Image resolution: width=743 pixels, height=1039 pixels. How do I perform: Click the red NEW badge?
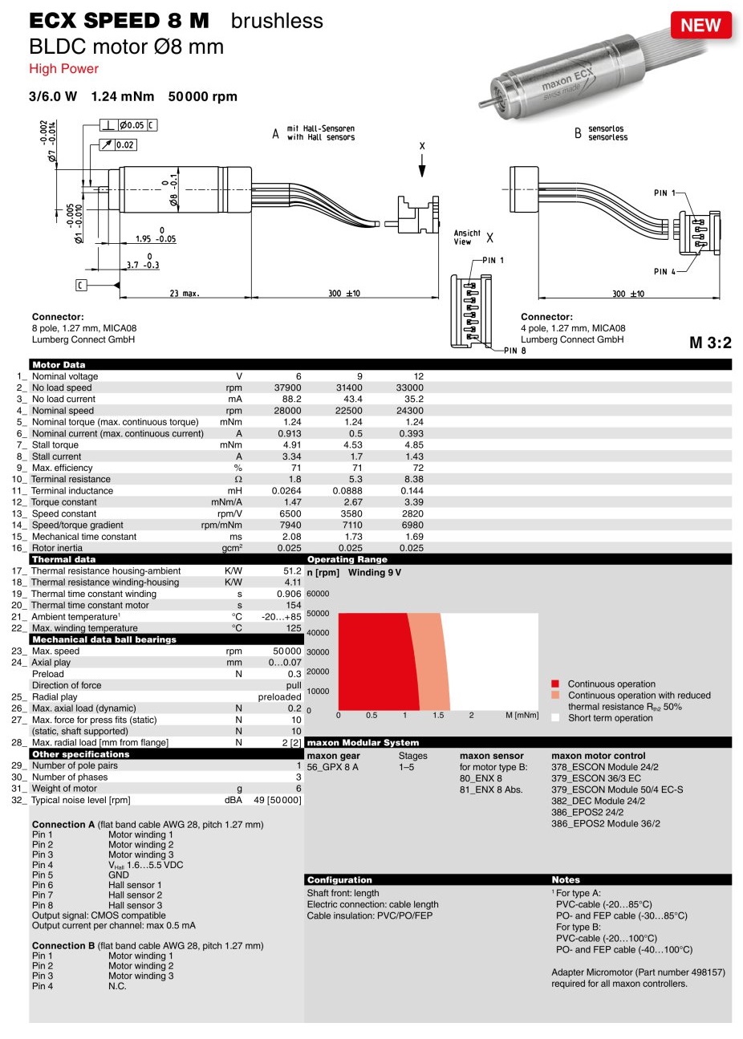click(700, 26)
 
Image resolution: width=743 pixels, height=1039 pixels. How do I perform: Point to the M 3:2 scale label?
click(710, 343)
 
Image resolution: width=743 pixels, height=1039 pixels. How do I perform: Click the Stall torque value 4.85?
click(414, 444)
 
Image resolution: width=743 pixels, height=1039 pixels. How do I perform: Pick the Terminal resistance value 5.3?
click(355, 479)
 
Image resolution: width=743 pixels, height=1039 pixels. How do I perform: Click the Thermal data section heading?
click(63, 559)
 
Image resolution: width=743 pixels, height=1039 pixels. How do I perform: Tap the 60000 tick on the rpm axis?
click(318, 594)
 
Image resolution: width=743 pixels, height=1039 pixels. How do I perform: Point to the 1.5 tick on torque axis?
click(438, 715)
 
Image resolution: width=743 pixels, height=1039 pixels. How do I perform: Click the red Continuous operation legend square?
click(555, 684)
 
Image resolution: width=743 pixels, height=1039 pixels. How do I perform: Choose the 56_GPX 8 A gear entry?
click(332, 767)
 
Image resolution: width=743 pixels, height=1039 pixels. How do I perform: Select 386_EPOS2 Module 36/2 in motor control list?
click(605, 823)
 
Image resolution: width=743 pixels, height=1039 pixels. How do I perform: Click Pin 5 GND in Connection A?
click(118, 875)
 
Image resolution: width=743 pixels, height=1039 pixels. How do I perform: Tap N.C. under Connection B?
click(117, 986)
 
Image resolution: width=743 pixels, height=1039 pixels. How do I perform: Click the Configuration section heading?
click(339, 880)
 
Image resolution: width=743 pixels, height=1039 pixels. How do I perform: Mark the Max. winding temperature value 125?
click(294, 628)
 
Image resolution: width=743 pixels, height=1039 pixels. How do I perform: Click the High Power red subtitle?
click(63, 69)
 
